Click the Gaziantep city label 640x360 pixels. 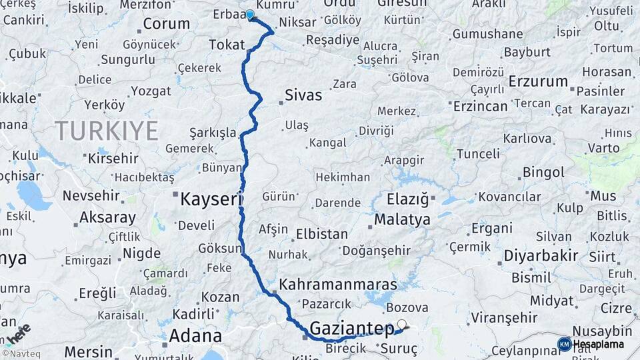pos(352,328)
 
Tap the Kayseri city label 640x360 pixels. pos(211,199)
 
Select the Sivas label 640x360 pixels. pos(303,95)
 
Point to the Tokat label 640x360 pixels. pos(223,45)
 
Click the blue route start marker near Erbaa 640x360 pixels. pos(250,15)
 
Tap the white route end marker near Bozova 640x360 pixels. pos(401,324)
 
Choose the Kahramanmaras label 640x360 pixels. pos(338,285)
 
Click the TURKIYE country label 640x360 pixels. pos(107,130)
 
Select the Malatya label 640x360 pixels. pos(402,220)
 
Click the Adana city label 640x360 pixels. pos(195,335)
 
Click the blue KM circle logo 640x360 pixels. pos(564,344)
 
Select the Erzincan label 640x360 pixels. pos(480,106)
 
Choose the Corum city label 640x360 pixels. pos(167,25)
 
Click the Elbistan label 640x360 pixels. pos(322,234)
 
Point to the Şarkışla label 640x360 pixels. pos(213,132)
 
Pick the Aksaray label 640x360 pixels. pos(107,217)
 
